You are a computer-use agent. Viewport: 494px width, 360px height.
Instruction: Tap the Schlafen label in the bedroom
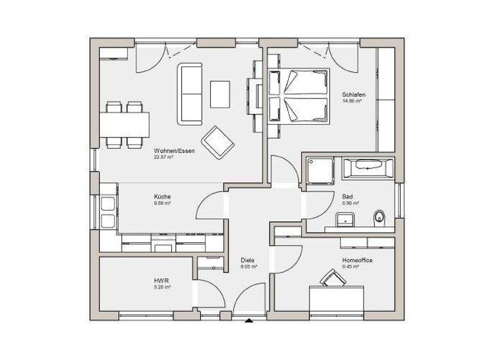(x=353, y=95)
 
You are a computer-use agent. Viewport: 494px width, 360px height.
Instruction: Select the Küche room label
(x=162, y=197)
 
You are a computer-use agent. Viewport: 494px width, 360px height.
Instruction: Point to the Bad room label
(x=347, y=197)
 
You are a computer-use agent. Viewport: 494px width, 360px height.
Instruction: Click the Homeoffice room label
(x=358, y=260)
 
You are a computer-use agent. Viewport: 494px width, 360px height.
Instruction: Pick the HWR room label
(x=161, y=282)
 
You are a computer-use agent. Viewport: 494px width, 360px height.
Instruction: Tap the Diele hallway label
(x=248, y=260)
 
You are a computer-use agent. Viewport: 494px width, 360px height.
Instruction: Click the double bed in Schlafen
(x=297, y=96)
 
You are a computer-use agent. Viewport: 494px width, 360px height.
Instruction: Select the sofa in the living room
(x=190, y=93)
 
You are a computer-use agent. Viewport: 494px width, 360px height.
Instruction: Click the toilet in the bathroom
(x=379, y=217)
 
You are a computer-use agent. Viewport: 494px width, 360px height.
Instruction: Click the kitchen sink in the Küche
(x=108, y=213)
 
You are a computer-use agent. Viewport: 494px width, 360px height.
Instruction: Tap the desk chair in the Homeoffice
(x=333, y=278)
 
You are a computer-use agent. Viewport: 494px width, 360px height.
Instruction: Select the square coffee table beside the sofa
(x=221, y=94)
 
